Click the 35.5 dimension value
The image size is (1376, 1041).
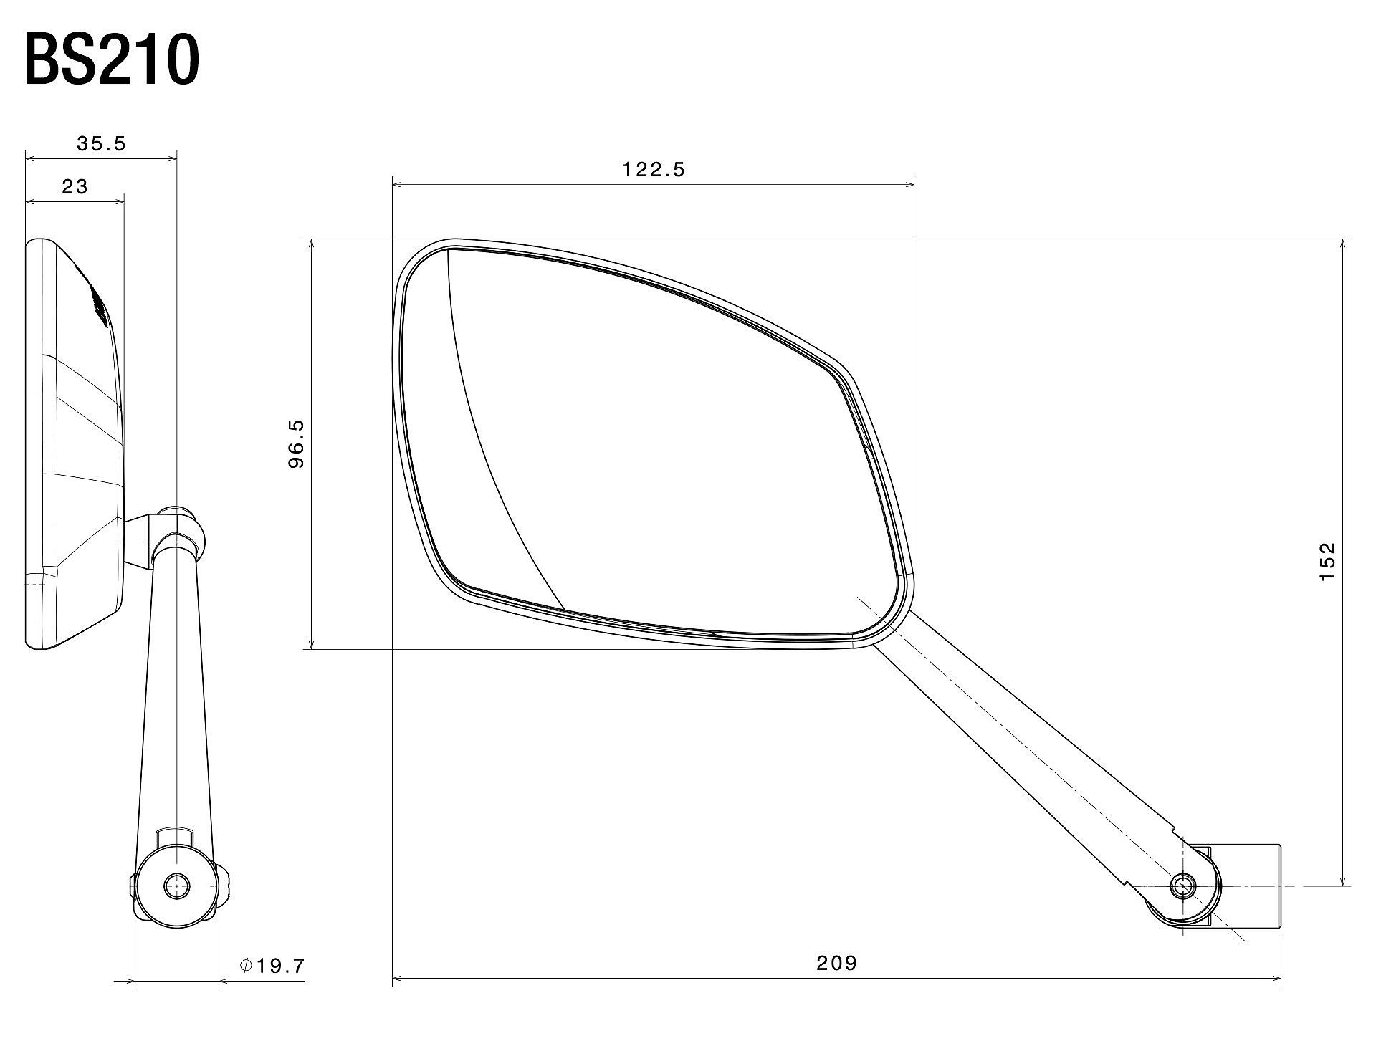101,144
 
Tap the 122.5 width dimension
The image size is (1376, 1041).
654,170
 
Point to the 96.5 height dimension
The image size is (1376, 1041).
297,444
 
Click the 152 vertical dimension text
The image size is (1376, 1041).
1327,562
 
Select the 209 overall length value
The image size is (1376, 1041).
836,963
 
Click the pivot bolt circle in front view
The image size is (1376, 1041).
1182,886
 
